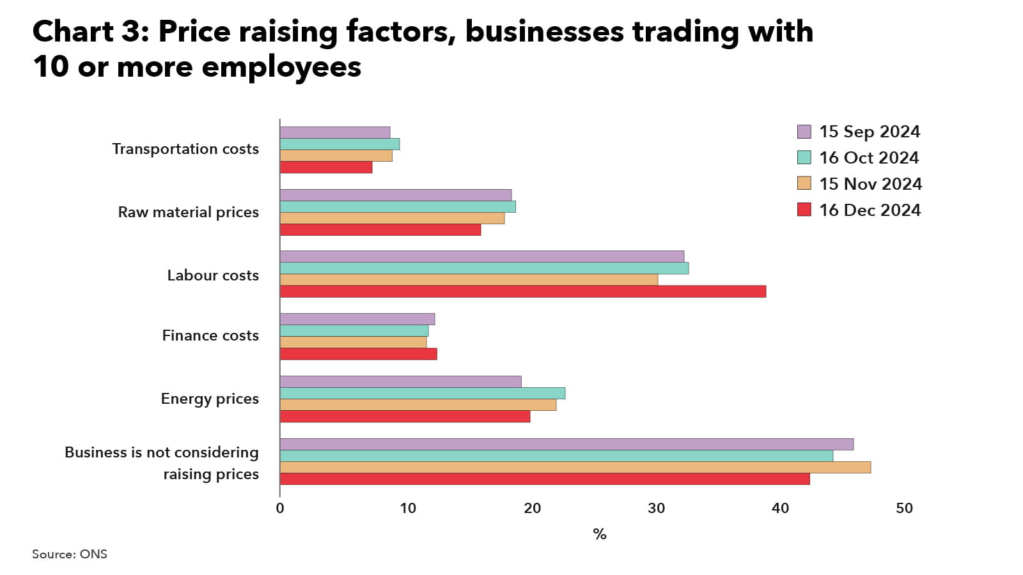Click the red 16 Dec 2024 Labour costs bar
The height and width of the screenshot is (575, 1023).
(x=523, y=291)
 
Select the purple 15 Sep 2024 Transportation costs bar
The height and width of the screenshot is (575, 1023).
(x=335, y=132)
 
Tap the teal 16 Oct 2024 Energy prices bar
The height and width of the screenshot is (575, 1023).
(x=423, y=393)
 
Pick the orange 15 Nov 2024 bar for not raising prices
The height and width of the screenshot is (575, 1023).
(x=575, y=468)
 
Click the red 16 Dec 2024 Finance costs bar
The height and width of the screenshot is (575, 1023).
(x=359, y=354)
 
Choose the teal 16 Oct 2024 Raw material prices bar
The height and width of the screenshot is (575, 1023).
(x=398, y=207)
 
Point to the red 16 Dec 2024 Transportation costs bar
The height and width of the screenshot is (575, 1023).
(x=326, y=167)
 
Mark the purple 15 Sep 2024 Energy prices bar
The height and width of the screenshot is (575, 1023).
(x=401, y=381)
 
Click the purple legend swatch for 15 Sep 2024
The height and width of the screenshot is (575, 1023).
(x=804, y=132)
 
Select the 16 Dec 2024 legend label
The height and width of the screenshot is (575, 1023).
(x=870, y=210)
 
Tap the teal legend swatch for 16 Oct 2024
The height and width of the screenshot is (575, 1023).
(x=804, y=158)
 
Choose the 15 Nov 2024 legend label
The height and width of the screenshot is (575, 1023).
(x=870, y=184)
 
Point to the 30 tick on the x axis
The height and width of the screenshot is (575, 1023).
(x=656, y=509)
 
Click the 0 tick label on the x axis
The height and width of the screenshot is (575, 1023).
(x=280, y=509)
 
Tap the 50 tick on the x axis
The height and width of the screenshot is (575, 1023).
(x=904, y=509)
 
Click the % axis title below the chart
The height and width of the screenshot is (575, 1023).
(x=599, y=534)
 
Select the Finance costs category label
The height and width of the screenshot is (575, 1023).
(x=210, y=335)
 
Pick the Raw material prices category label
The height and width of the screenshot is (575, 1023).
(x=189, y=212)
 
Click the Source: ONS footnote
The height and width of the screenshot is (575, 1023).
(x=70, y=554)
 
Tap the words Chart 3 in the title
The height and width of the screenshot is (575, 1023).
(x=90, y=31)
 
